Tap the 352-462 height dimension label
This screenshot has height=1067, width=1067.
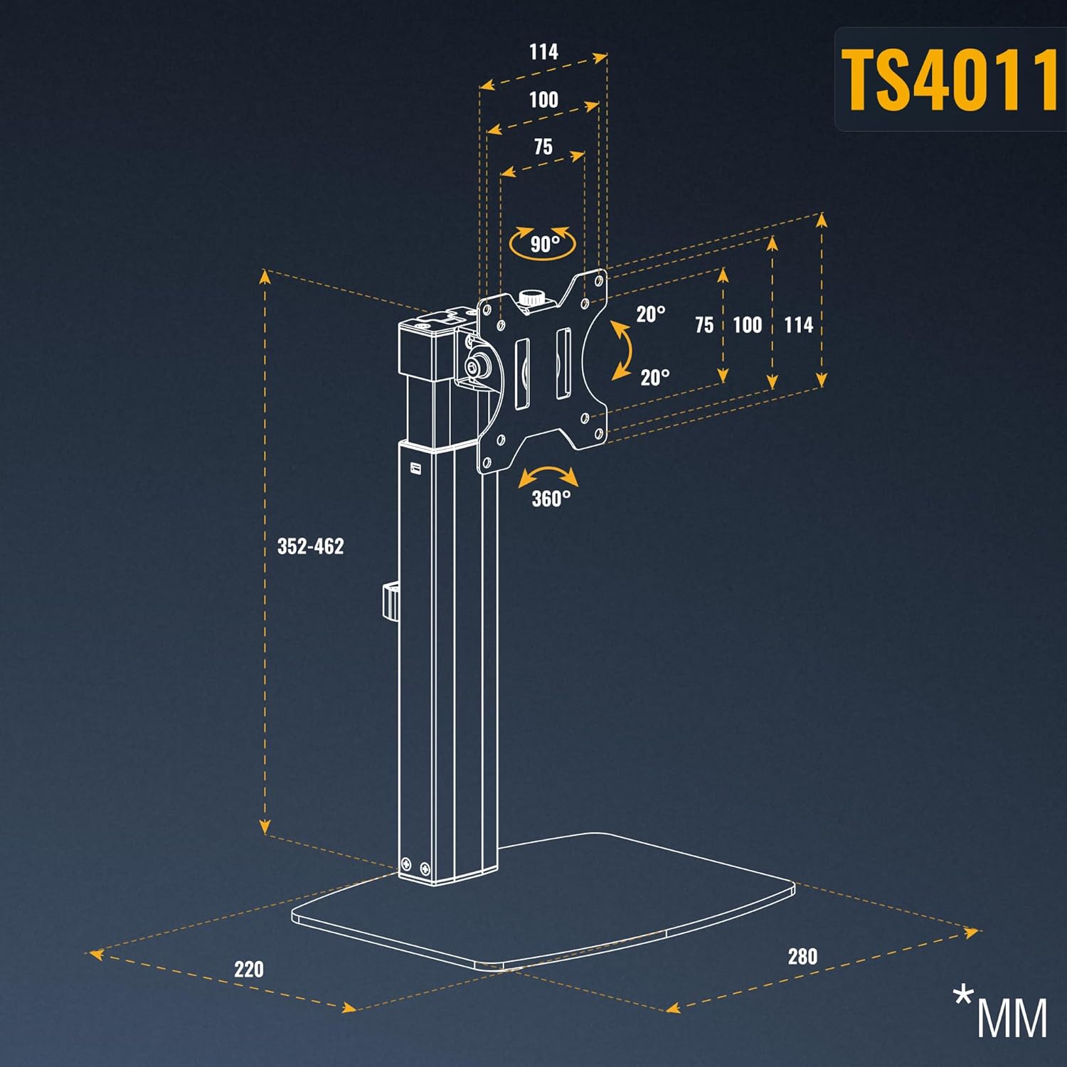point(310,546)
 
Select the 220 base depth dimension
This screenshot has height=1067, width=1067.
point(248,969)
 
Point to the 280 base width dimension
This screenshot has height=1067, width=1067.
point(802,956)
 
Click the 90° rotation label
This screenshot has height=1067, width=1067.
point(545,244)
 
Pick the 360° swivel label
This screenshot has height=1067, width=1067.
point(551,499)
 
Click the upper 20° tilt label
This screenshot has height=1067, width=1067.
point(651,314)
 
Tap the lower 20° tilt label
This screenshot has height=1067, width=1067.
point(655,377)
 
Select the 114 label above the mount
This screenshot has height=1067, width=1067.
point(543,52)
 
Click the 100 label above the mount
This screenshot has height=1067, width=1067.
point(543,100)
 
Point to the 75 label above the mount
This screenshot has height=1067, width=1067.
point(543,147)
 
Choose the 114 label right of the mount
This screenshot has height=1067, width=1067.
point(798,325)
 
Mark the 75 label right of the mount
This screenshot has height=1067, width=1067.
point(704,325)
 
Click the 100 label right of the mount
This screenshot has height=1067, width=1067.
point(747,325)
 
